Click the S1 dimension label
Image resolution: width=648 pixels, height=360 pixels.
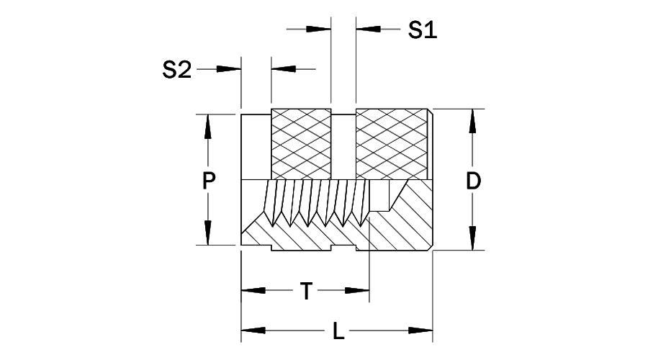point(423,30)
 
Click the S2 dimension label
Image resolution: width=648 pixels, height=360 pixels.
point(177,70)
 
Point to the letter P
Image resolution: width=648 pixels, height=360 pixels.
point(208,181)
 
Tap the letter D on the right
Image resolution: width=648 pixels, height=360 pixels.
point(473,181)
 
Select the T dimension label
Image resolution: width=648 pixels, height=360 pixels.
point(306,292)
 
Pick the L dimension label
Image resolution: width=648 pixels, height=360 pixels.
point(338,332)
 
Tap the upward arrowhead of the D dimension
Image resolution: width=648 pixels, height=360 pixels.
point(473,122)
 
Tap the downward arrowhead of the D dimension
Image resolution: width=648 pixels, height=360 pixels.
point(473,238)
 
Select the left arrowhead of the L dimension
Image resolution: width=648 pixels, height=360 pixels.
point(253,331)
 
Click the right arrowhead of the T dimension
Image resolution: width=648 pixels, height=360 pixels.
point(357,291)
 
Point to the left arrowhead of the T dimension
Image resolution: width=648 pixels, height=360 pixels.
point(253,291)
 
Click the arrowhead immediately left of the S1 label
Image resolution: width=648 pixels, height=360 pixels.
point(368,29)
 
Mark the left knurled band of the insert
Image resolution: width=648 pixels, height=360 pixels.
point(300,144)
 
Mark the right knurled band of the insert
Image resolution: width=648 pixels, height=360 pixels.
point(392,144)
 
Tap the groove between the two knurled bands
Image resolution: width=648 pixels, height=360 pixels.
point(343,144)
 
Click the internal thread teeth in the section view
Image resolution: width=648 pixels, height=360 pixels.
point(317,202)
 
